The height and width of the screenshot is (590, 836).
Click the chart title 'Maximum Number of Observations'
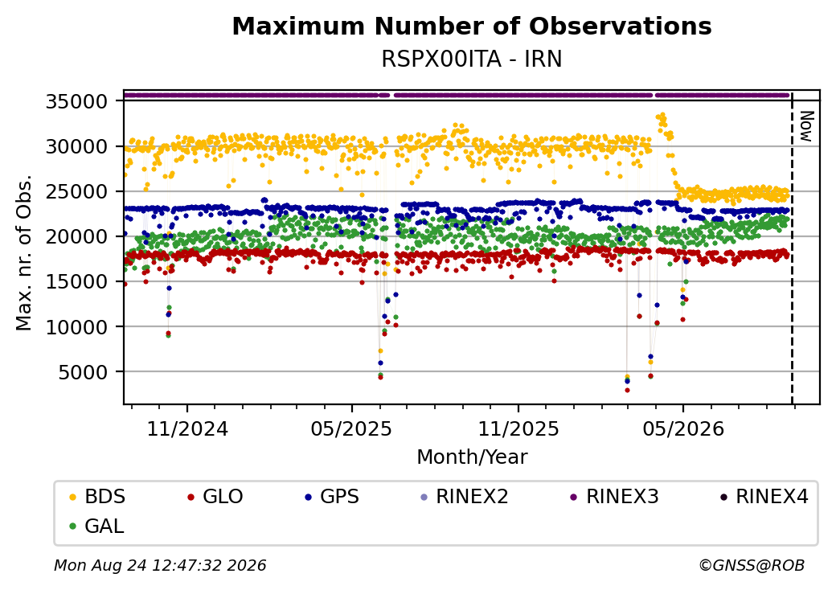pyautogui.click(x=472, y=26)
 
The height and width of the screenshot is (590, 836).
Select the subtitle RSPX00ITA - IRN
pyautogui.click(x=472, y=59)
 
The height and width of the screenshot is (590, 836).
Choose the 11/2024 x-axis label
pyautogui.click(x=187, y=428)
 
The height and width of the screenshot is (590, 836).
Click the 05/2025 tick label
pyautogui.click(x=351, y=428)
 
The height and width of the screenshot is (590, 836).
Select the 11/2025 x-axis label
pyautogui.click(x=518, y=428)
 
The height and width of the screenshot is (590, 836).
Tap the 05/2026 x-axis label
pyautogui.click(x=683, y=428)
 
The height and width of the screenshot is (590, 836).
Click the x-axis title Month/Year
pyautogui.click(x=472, y=457)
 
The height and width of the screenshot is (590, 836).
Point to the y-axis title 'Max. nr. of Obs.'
pyautogui.click(x=24, y=252)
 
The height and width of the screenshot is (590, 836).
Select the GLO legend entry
pyautogui.click(x=215, y=497)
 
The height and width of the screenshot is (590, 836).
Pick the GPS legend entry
pyautogui.click(x=332, y=497)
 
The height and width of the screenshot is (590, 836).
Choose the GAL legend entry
pyautogui.click(x=97, y=526)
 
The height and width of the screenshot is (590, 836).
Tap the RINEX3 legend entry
pyautogui.click(x=615, y=497)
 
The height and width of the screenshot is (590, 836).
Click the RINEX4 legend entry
pyautogui.click(x=764, y=497)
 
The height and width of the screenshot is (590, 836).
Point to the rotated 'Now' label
pyautogui.click(x=807, y=126)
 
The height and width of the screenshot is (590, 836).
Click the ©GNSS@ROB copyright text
pyautogui.click(x=752, y=565)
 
